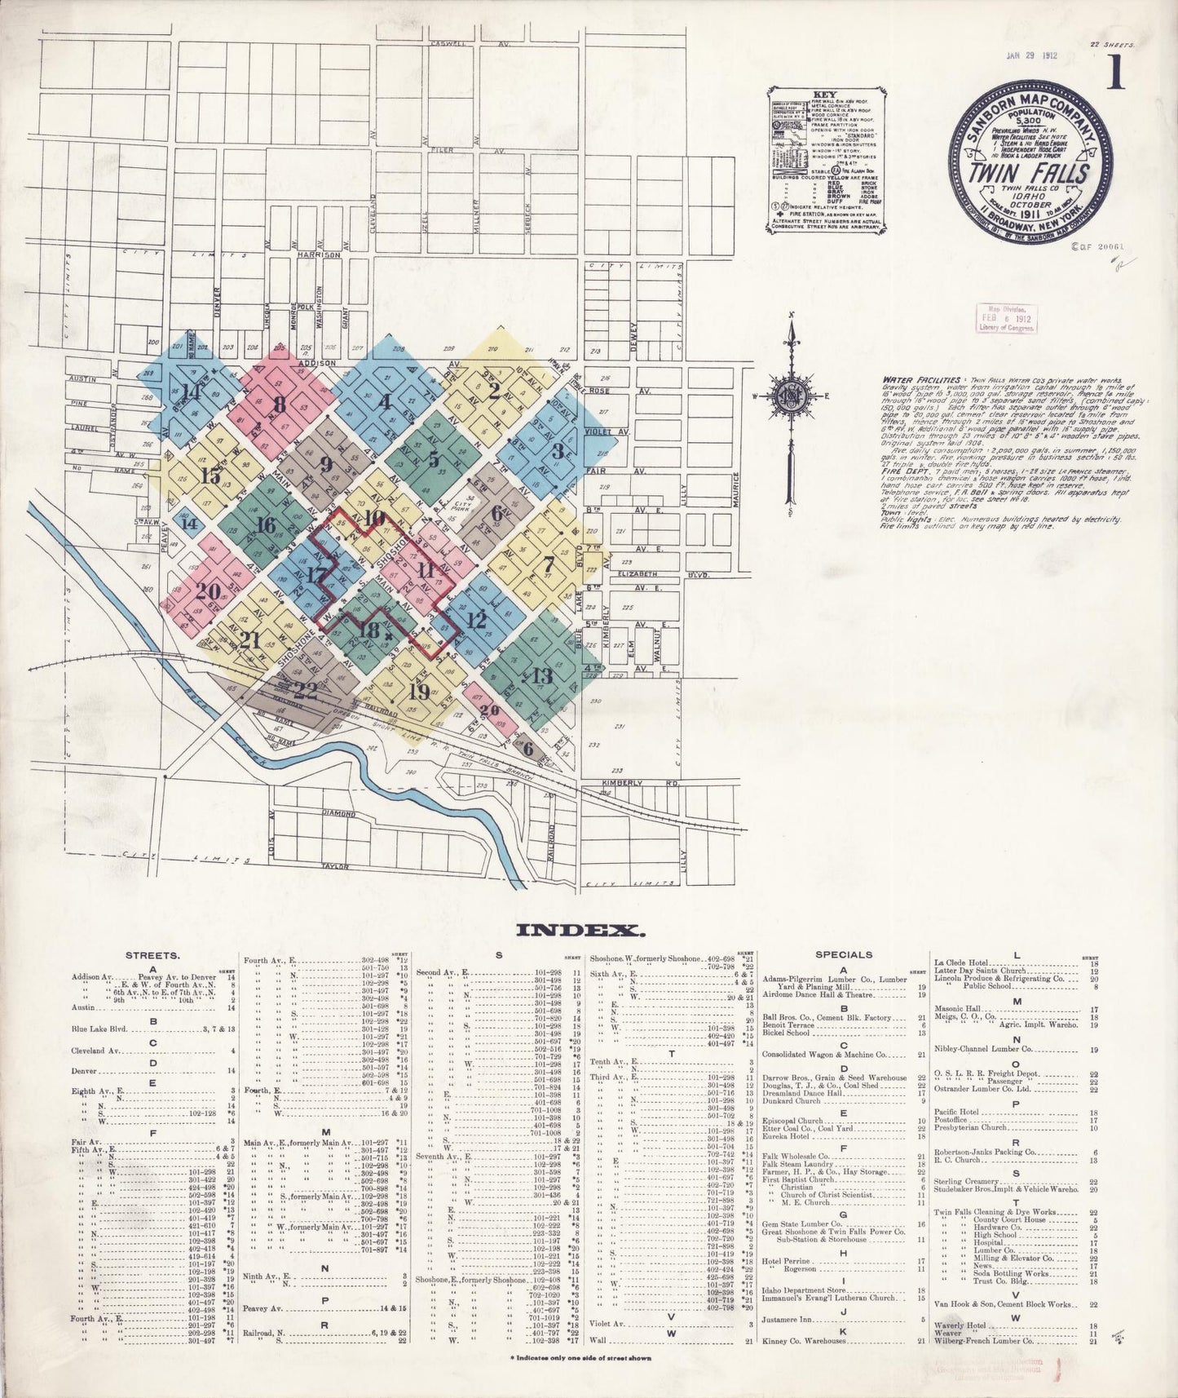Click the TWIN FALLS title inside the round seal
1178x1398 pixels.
(1030, 173)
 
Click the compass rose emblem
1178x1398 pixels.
(788, 396)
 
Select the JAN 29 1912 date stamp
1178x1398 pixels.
(1031, 55)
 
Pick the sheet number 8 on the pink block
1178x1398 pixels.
(280, 405)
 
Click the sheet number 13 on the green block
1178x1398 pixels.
(542, 675)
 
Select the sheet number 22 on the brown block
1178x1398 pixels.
(306, 690)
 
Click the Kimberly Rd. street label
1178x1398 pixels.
(624, 783)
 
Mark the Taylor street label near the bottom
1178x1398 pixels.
(335, 866)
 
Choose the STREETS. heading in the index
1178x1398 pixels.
(152, 954)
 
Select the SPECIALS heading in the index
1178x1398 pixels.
(844, 954)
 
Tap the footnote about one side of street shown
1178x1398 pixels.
(580, 1359)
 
